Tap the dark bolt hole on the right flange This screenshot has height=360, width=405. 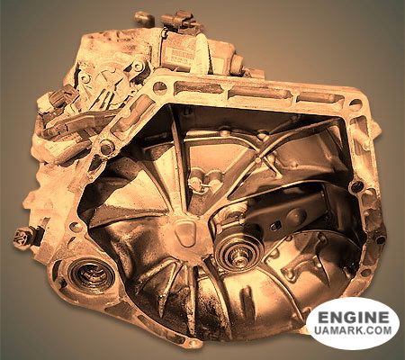357,186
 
